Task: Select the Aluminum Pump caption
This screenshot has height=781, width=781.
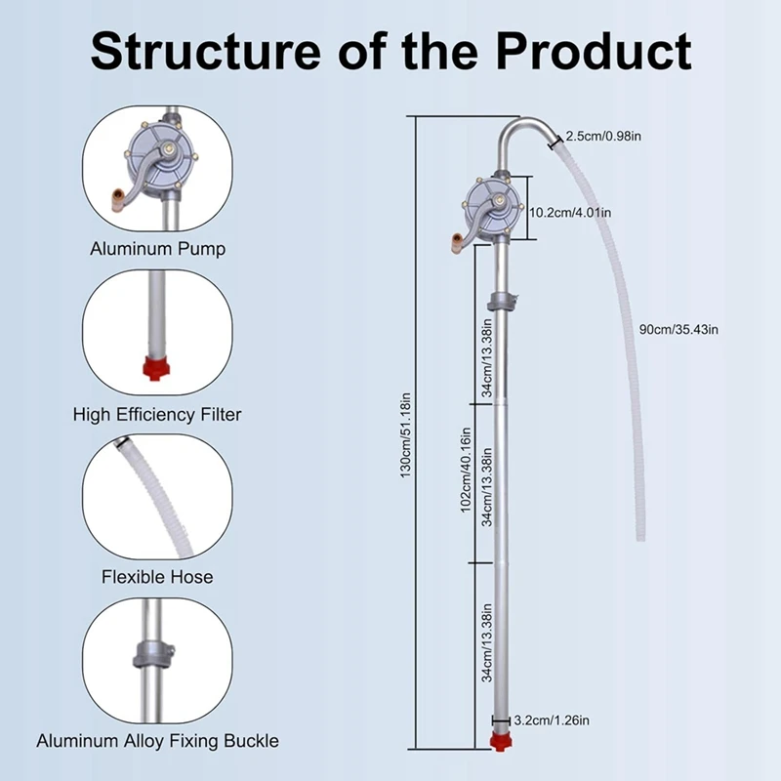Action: point(157,249)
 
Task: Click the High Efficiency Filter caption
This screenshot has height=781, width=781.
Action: point(157,414)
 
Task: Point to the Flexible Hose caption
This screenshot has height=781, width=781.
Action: point(157,577)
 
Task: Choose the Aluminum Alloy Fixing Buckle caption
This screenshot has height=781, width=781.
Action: point(157,741)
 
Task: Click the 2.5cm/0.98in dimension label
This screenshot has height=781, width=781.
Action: point(603,136)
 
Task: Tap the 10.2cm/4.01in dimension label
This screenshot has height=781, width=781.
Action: point(570,211)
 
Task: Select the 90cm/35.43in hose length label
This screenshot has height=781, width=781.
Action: point(678,329)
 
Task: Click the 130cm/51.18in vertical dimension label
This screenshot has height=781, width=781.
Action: point(407,434)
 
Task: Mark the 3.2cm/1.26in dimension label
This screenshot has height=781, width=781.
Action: point(552,720)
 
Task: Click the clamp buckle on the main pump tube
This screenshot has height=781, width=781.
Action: point(502,301)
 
